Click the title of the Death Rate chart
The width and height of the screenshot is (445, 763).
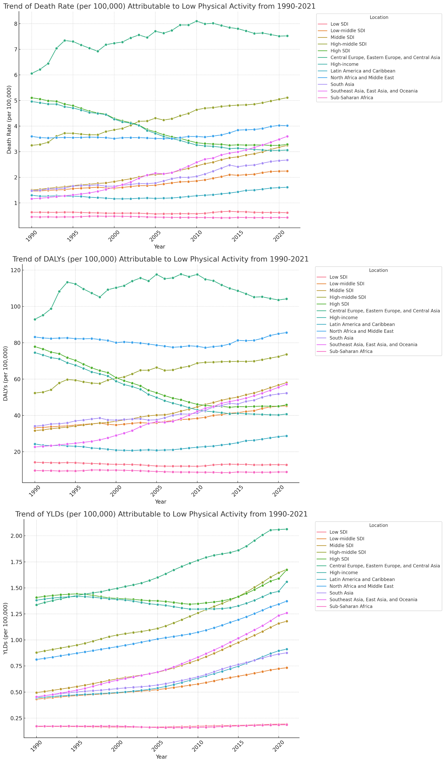159,6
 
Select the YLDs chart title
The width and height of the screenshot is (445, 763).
161,514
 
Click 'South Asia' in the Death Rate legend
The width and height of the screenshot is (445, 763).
342,85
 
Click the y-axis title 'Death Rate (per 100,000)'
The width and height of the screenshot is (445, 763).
9,120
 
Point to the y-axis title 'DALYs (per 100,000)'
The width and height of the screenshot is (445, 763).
5,373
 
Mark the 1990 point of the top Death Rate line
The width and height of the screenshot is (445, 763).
32,73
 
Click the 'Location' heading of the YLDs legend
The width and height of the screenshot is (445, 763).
378,525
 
